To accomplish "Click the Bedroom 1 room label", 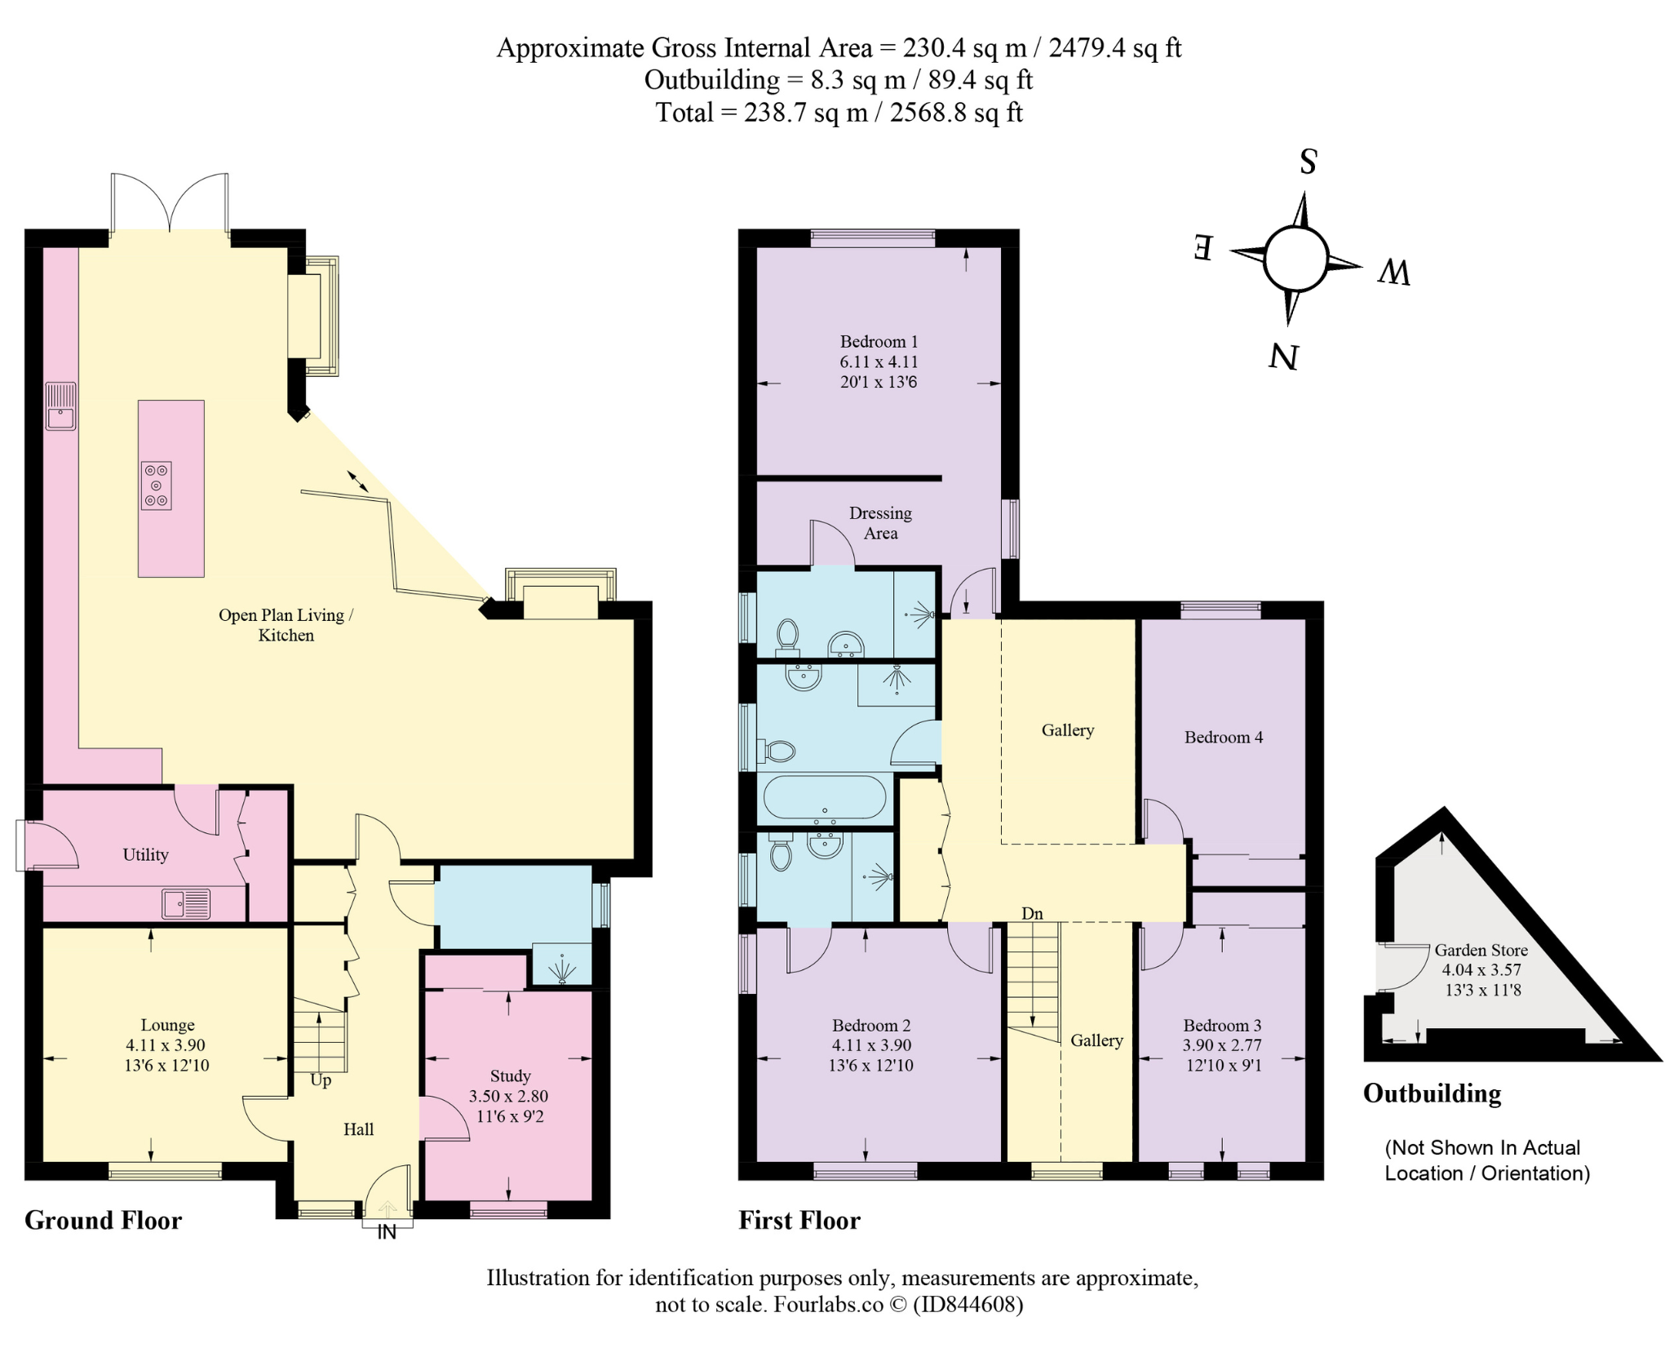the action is coord(879,342).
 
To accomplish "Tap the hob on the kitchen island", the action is coord(156,486).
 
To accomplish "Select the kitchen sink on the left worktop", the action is coord(60,406).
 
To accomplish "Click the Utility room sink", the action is coord(186,903).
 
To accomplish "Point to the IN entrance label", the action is coord(387,1232).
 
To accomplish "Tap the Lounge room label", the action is coord(167,1025).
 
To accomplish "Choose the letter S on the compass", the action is coord(1308,162).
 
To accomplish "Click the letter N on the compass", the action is coord(1282,357).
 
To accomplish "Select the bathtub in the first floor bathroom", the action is coord(823,797).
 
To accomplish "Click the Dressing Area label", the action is coord(880,523).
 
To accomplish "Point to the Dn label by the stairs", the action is coord(1032,914).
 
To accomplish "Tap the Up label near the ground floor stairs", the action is coord(321,1080).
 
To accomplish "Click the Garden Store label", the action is coord(1481,950).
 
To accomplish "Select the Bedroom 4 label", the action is coord(1224,738).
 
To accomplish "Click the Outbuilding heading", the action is coord(1432,1094).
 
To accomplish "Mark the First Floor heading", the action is coord(799,1221).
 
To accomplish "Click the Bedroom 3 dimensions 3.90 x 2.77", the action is coord(1222,1045).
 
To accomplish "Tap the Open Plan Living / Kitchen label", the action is coord(286,625).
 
